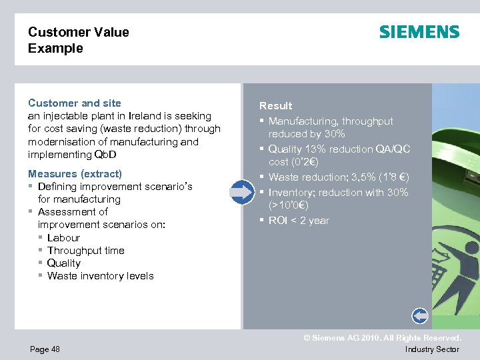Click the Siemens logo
coord(419,32)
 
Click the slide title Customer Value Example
coord(79,40)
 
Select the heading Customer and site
coord(75,103)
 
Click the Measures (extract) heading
coord(75,174)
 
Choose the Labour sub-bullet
coord(63,238)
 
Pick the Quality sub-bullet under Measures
coord(64,263)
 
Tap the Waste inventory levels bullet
coord(100,276)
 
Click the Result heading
coord(275,105)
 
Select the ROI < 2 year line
coord(299,221)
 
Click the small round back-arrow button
coord(420,315)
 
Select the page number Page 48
coord(44,349)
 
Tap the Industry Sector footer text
coord(432,349)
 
